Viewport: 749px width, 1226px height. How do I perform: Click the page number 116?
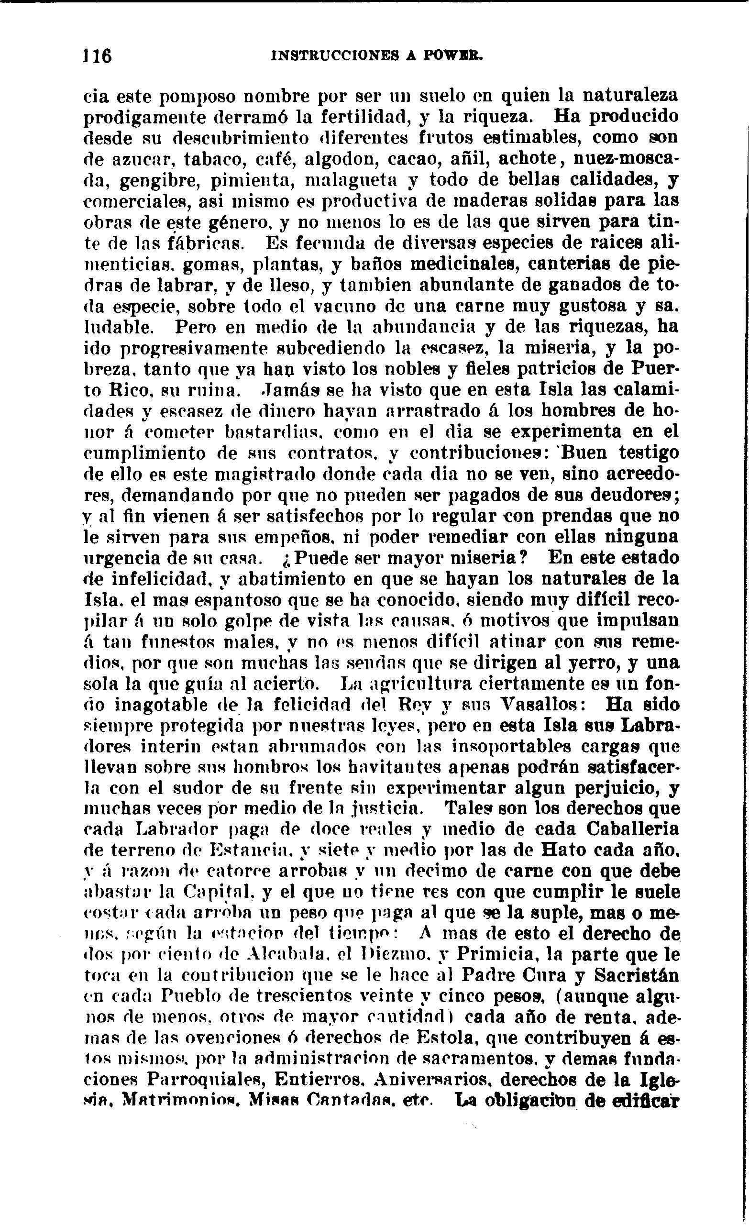click(x=98, y=55)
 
